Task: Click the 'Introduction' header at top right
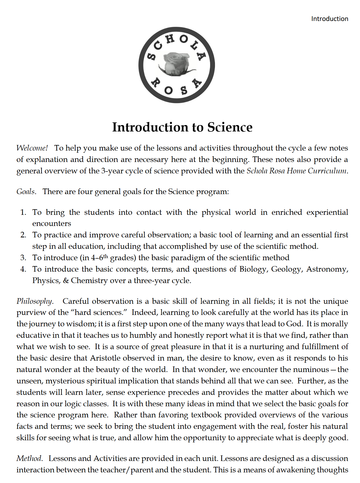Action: pyautogui.click(x=329, y=19)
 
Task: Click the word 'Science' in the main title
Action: pyautogui.click(x=230, y=127)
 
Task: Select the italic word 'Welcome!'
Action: pyautogui.click(x=32, y=148)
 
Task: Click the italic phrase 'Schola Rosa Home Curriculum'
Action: pyautogui.click(x=297, y=171)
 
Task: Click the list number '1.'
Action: pyautogui.click(x=23, y=212)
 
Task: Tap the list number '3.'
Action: pyautogui.click(x=23, y=258)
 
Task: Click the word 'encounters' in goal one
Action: pyautogui.click(x=52, y=224)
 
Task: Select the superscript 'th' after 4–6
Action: pyautogui.click(x=106, y=256)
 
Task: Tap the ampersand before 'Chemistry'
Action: pyautogui.click(x=66, y=280)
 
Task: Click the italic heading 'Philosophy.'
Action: pyautogui.click(x=35, y=301)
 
